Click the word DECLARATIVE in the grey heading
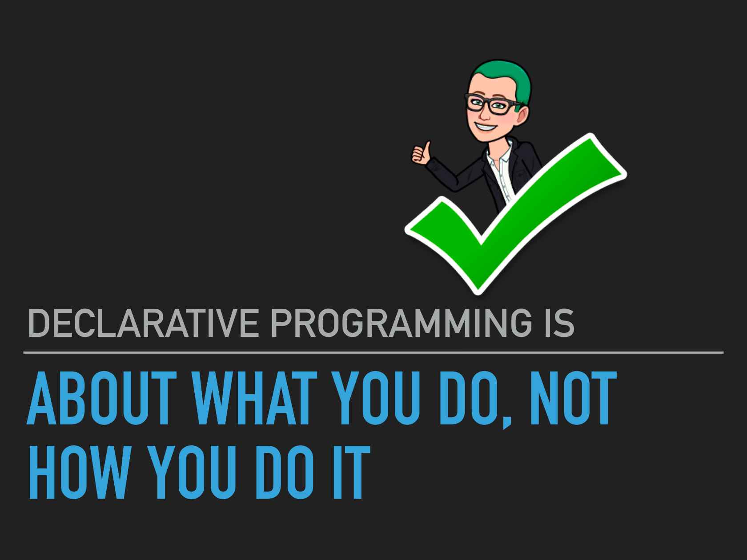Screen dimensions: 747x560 144,323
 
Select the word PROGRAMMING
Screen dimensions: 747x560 401,323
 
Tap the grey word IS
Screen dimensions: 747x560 559,323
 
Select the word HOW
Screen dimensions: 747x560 80,472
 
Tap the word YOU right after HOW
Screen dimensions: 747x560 192,472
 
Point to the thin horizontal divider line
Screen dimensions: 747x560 373,352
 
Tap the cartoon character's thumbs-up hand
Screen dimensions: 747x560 422,153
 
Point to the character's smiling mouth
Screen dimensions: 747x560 486,127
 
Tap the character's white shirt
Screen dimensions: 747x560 500,170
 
